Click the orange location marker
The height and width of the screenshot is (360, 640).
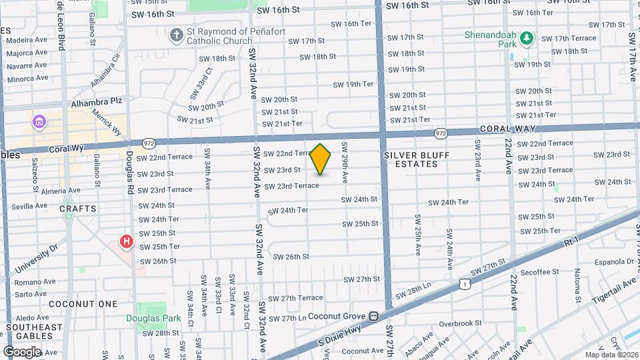coord(321,159)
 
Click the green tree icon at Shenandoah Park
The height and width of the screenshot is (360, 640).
coord(527,38)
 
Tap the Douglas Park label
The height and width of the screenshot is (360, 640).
coord(153,318)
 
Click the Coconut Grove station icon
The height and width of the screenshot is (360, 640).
coord(375,316)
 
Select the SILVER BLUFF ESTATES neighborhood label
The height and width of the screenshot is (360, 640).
coord(417,159)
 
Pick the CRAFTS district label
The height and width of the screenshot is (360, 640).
coord(78,209)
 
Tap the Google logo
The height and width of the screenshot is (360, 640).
coord(22,351)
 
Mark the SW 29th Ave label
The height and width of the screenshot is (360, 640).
coord(345,163)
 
